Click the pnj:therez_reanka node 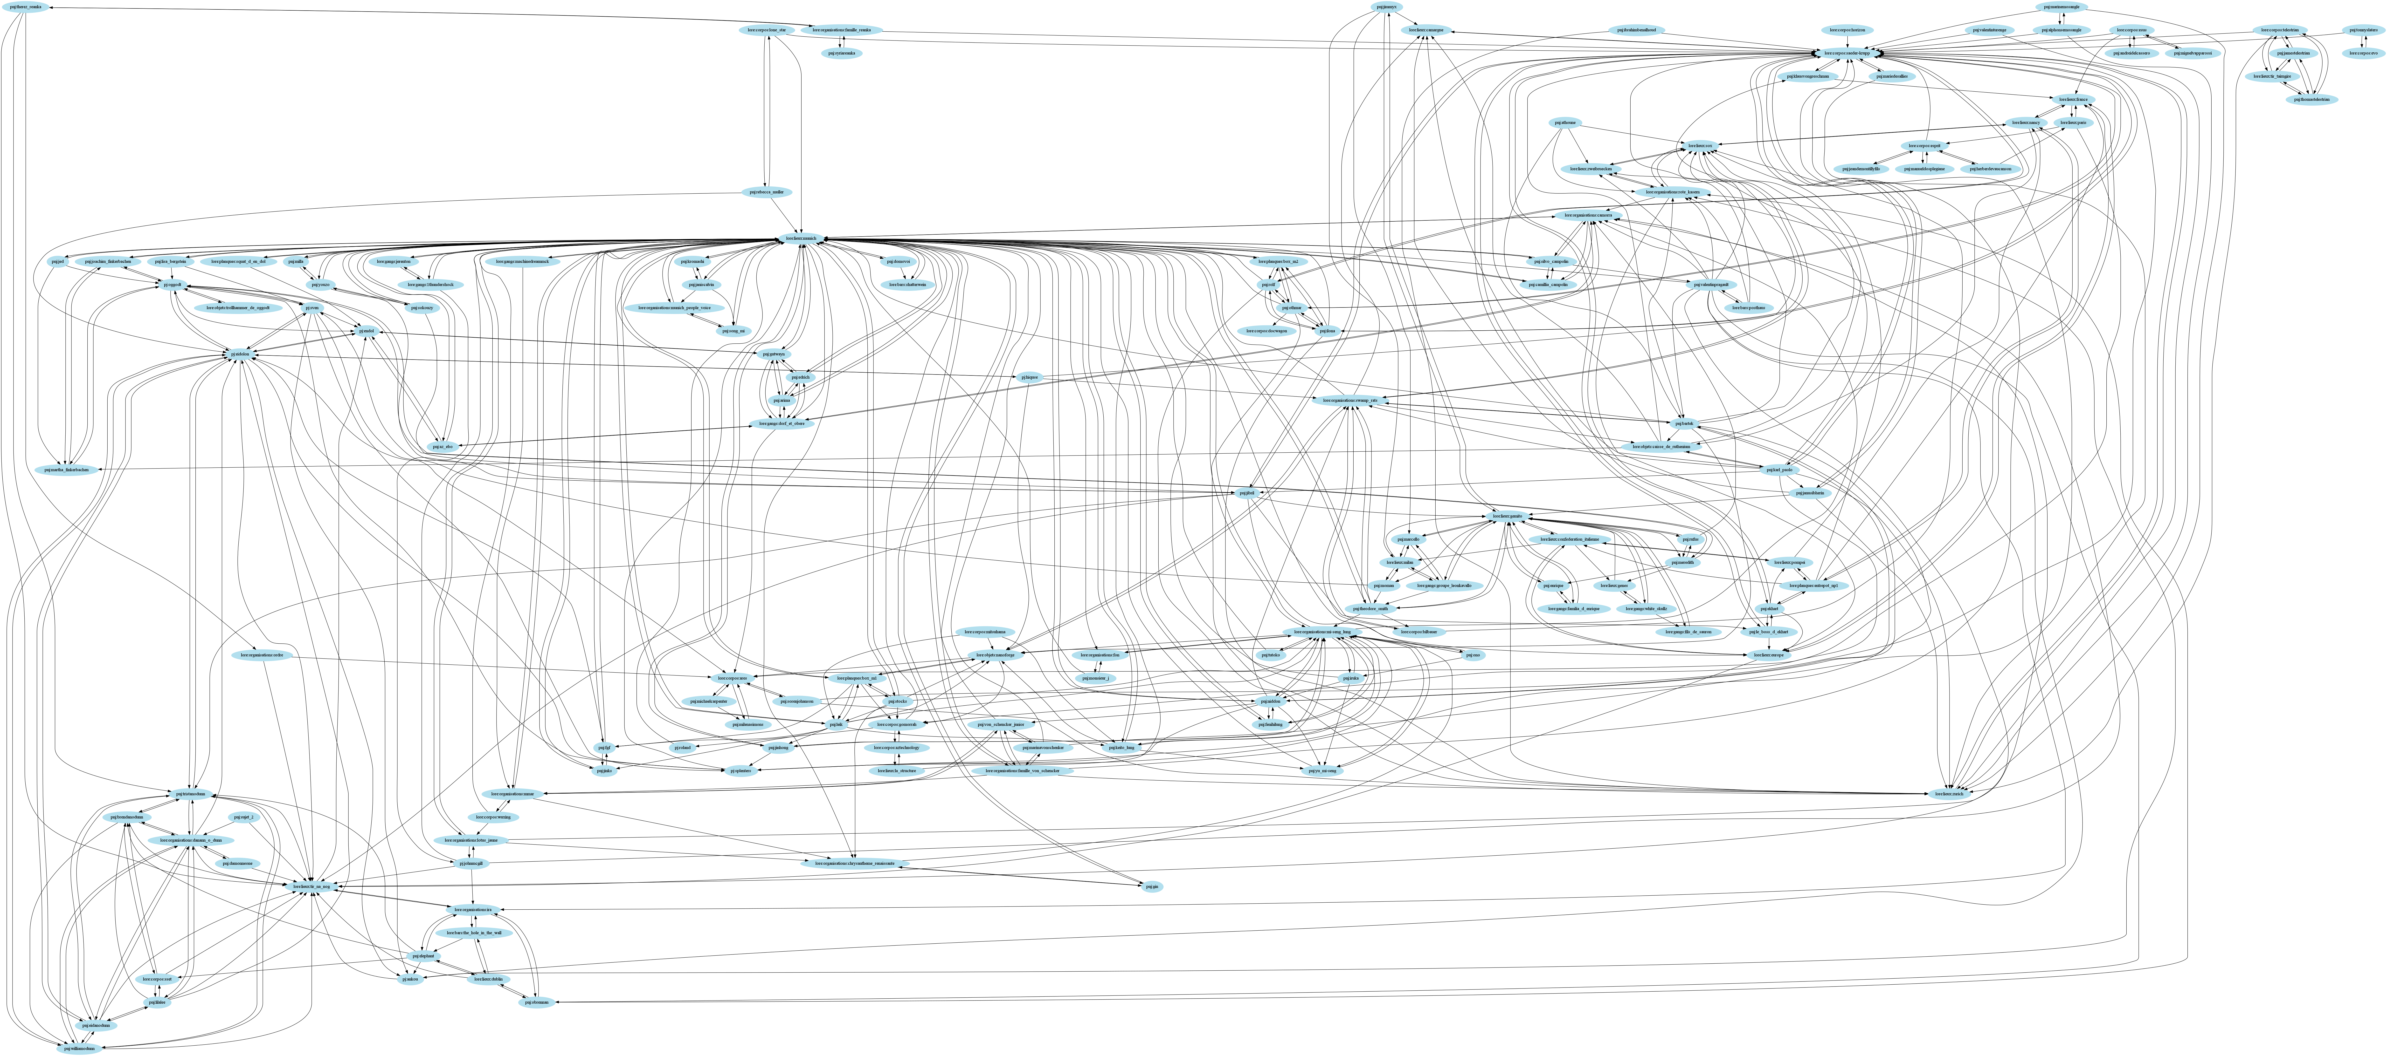(x=28, y=7)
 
